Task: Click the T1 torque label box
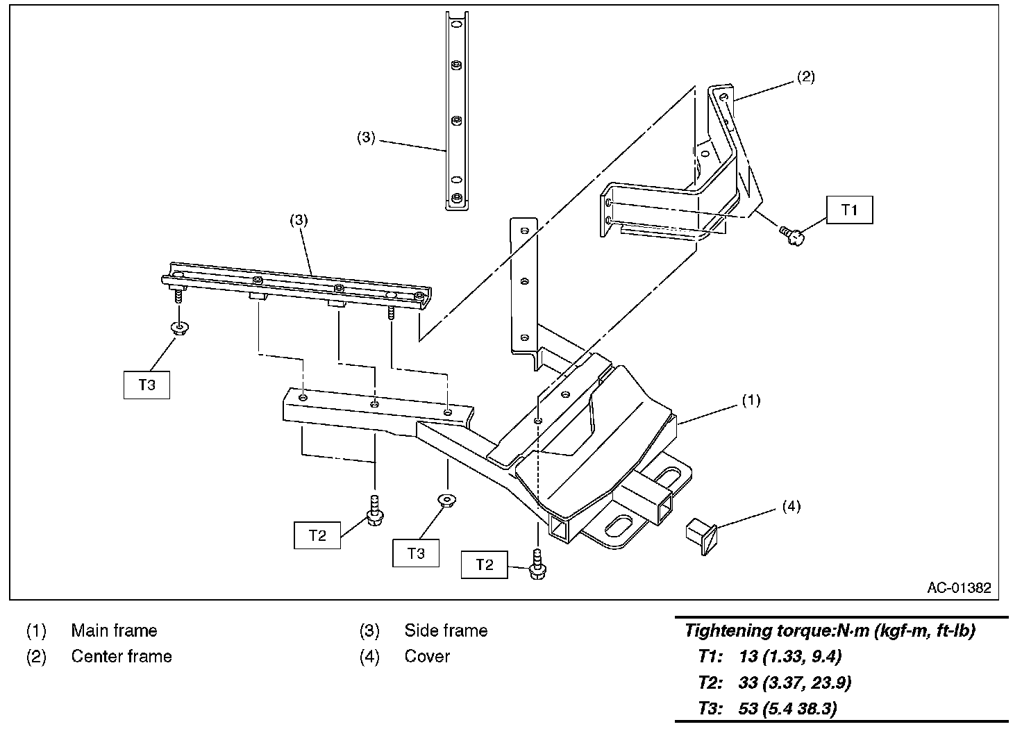pos(849,210)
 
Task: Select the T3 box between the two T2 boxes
pos(415,553)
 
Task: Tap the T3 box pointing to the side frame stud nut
pos(146,385)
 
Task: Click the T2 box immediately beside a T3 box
pos(317,535)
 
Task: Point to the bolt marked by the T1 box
pos(792,236)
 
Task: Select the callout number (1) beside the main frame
pos(751,400)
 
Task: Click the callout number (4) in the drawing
pos(791,506)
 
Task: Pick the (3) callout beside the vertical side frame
pos(366,137)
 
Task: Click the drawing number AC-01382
pos(959,588)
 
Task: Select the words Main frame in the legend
pos(114,630)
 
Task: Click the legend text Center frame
pos(122,656)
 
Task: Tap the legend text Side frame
pos(446,630)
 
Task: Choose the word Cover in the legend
pos(427,656)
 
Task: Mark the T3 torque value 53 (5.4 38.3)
pos(787,709)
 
